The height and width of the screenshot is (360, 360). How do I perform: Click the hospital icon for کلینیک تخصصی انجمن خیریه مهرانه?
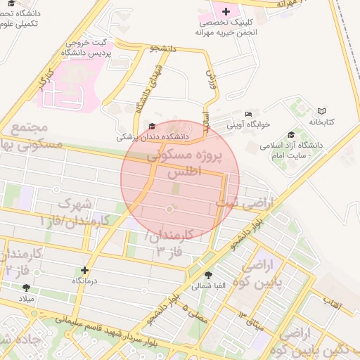(x=226, y=11)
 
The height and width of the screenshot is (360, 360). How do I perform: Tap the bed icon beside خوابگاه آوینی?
(x=247, y=114)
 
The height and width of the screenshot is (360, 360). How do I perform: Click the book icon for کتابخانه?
(x=321, y=111)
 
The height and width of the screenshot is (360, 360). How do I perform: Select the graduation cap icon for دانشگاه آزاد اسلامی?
(x=291, y=135)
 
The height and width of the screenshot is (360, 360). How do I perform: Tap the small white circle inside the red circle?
(x=169, y=210)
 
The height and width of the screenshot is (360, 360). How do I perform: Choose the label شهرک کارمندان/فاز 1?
(x=70, y=212)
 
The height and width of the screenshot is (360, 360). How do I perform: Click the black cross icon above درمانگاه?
(x=85, y=270)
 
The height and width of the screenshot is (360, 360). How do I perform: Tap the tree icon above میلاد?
(x=27, y=288)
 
